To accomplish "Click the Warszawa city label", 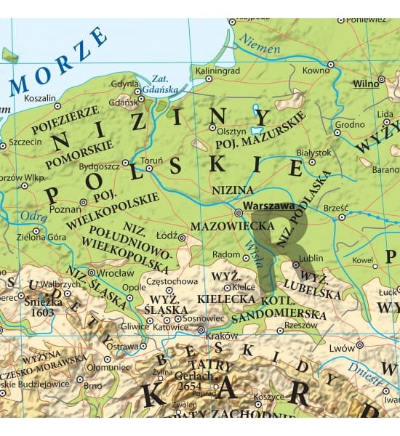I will click(x=270, y=206).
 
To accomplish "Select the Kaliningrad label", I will click(x=215, y=70).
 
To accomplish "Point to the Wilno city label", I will click(x=366, y=84).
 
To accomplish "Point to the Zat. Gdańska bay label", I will click(x=158, y=84).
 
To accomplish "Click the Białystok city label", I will click(x=314, y=153).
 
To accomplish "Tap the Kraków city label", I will click(x=223, y=336).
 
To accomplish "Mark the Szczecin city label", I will click(x=25, y=142).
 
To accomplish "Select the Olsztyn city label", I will click(x=232, y=132).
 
